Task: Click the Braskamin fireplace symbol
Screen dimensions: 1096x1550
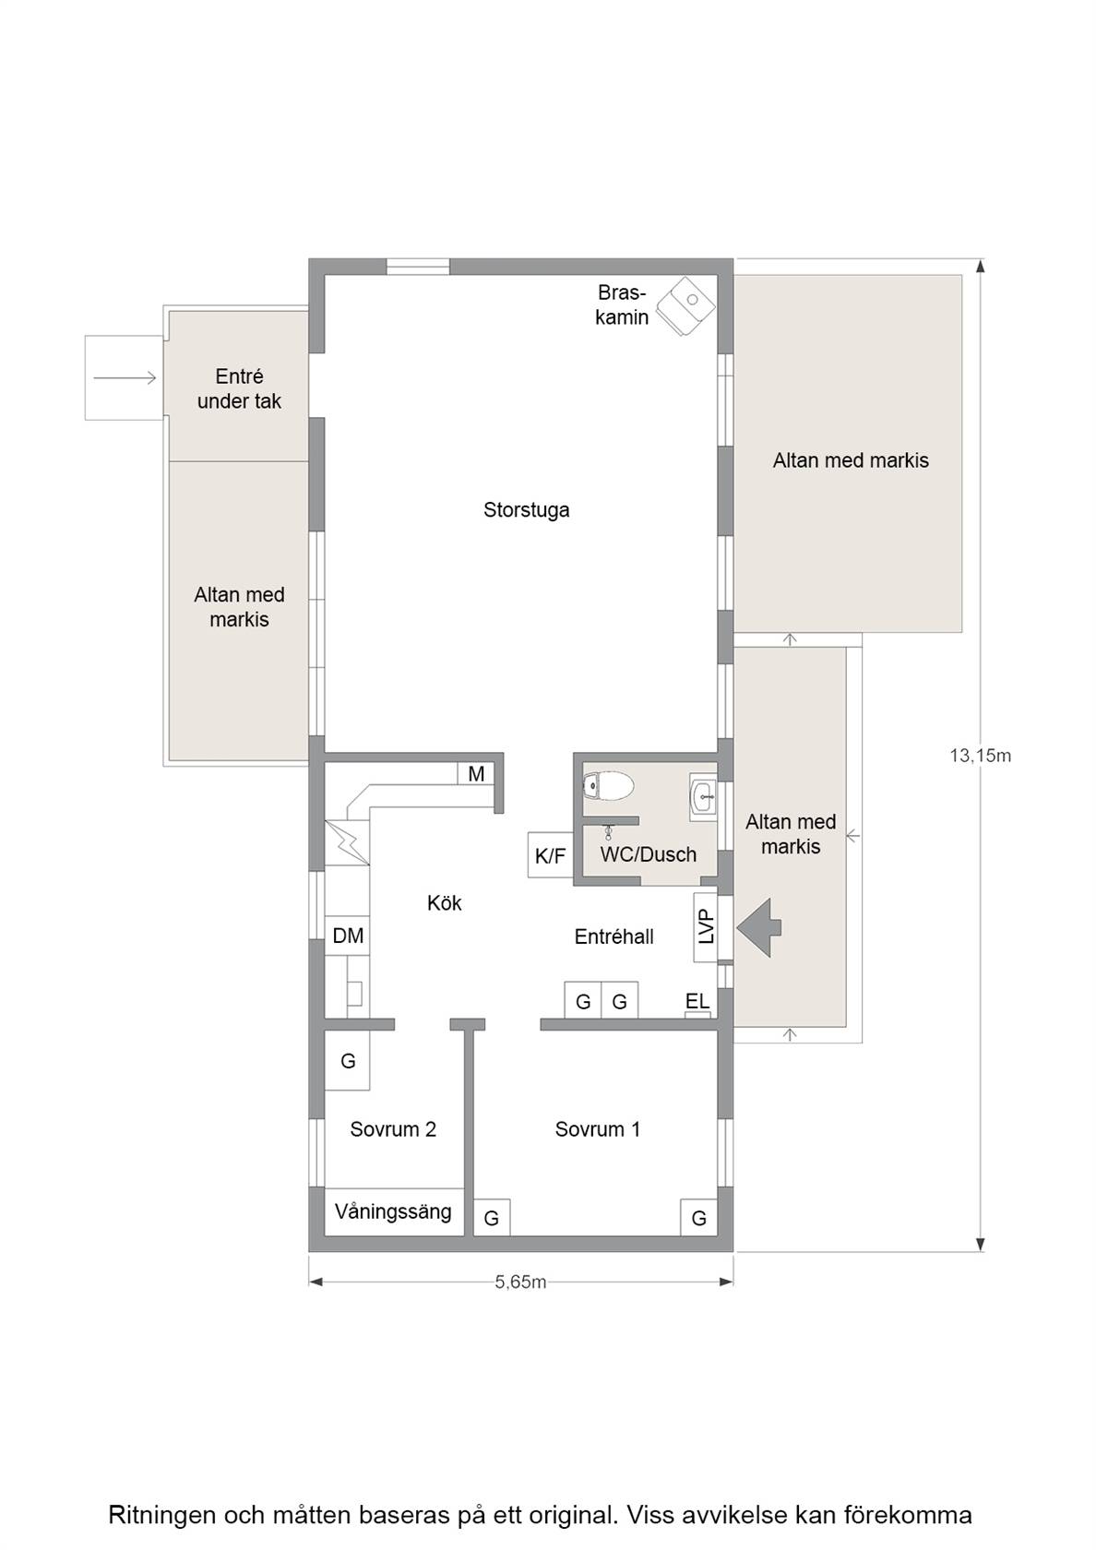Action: tap(685, 306)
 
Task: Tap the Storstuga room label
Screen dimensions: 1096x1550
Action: tap(526, 510)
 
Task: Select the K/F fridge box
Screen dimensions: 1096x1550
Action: tap(551, 855)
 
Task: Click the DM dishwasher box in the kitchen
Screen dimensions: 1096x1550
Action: tap(347, 936)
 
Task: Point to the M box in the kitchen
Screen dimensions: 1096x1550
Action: tap(476, 773)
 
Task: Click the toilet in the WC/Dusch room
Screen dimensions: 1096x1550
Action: tap(608, 786)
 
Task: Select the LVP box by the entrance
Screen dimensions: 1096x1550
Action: tap(706, 927)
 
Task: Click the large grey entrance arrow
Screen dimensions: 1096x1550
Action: tap(759, 928)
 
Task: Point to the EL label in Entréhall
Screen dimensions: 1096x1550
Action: tap(697, 1001)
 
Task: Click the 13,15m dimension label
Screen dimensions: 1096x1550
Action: tap(980, 756)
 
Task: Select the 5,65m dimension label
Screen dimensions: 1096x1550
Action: tap(520, 1282)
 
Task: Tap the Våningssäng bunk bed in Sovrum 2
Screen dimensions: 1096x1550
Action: tap(394, 1211)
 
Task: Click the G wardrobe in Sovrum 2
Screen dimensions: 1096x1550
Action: tap(347, 1061)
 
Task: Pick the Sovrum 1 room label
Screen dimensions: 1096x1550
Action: tap(597, 1129)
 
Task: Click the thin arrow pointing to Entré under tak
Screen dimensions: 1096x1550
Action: tap(125, 378)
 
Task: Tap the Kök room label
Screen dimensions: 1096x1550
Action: tap(445, 903)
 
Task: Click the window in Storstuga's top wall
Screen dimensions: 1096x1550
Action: tap(418, 267)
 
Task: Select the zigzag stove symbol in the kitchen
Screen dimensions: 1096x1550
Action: tap(347, 843)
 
